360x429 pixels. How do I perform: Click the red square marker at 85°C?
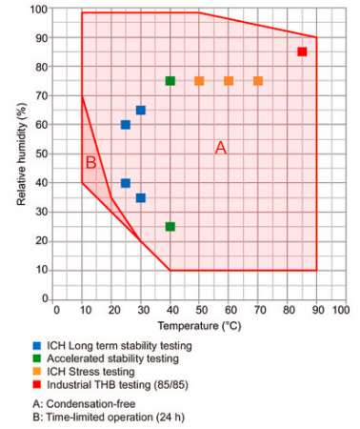(302, 51)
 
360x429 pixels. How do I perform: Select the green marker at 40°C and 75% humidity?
(170, 81)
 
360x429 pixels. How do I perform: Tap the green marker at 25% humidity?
(170, 227)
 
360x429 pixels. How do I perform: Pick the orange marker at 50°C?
(199, 81)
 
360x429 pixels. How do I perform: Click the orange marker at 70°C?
(258, 81)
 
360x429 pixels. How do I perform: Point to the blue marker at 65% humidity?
(141, 111)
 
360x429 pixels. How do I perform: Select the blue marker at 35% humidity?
(141, 198)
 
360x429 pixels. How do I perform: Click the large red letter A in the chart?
(221, 148)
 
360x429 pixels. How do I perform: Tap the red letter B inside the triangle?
(91, 163)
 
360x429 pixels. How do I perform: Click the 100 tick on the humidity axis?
(39, 10)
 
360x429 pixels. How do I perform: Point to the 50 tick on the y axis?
(42, 154)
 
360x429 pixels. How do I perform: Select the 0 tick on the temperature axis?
(56, 310)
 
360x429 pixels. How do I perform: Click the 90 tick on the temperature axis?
(317, 310)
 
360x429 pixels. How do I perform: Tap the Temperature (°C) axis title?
(199, 326)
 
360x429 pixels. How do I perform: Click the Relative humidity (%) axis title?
(21, 154)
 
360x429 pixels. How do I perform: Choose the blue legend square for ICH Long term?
(37, 346)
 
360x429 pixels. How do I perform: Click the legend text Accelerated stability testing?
(112, 358)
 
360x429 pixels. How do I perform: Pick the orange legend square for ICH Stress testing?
(37, 372)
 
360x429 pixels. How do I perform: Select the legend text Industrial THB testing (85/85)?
(117, 385)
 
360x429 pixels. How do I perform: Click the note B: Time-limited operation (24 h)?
(109, 417)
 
